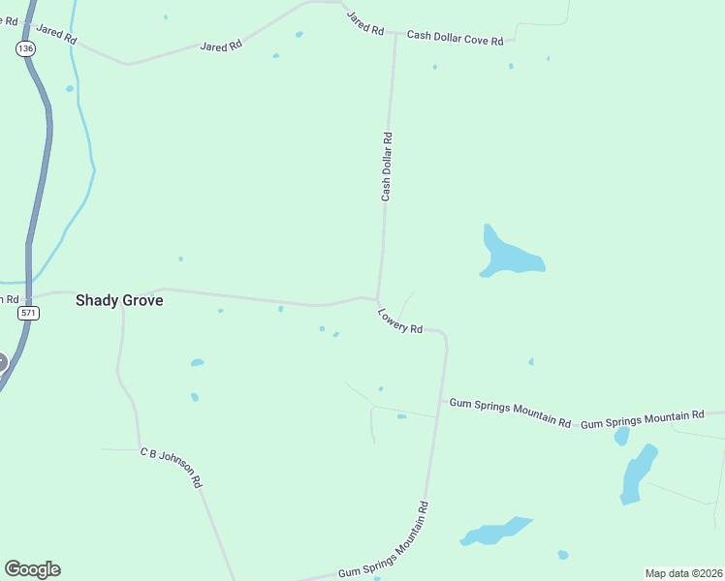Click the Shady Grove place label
coord(119,301)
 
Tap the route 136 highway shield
coord(26,47)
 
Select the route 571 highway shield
coord(29,314)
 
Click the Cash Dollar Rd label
coord(387,167)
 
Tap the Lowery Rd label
coord(400,321)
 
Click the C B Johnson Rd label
coord(171,467)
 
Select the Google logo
coord(32,569)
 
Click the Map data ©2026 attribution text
coord(683,573)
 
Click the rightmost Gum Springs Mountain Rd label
coord(642,418)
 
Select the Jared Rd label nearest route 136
coord(56,34)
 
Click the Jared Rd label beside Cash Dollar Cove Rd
coord(365,23)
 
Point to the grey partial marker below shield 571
coord(2,363)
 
